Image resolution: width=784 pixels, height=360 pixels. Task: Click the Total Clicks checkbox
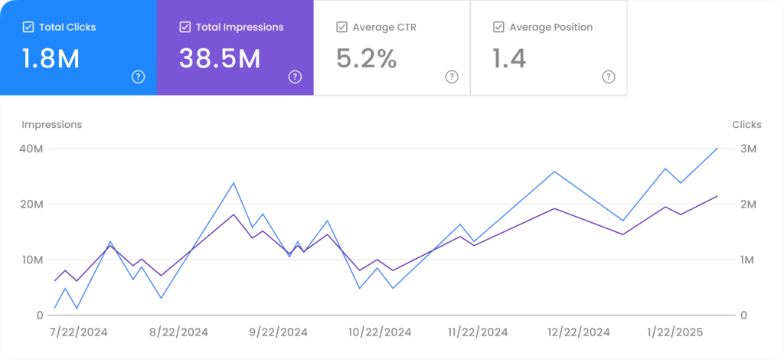click(28, 28)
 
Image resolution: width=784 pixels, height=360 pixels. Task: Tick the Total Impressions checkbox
click(185, 28)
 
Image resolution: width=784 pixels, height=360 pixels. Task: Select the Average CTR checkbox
click(341, 28)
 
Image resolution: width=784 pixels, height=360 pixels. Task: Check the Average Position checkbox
click(498, 28)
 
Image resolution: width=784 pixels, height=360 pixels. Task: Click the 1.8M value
click(51, 59)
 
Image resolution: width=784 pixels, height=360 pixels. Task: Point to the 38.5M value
click(220, 59)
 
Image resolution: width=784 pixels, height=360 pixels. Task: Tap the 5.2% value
click(367, 59)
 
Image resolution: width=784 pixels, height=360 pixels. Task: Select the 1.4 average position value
click(509, 59)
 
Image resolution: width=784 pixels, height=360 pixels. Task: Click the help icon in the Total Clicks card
click(138, 77)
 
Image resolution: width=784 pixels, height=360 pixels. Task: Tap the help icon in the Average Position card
click(609, 77)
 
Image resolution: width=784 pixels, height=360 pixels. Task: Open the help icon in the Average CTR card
click(452, 77)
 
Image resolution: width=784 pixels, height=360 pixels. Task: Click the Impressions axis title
click(51, 125)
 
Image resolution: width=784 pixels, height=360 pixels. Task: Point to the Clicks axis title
click(746, 125)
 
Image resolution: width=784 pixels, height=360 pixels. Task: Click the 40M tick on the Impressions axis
click(31, 149)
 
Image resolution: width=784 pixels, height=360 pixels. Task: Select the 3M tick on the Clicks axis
click(747, 149)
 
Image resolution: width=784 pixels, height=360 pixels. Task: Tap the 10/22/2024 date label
click(380, 332)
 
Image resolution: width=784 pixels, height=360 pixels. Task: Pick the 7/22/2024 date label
click(78, 332)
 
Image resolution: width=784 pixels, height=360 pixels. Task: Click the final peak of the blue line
click(717, 149)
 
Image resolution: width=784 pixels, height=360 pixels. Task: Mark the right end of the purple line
click(717, 196)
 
